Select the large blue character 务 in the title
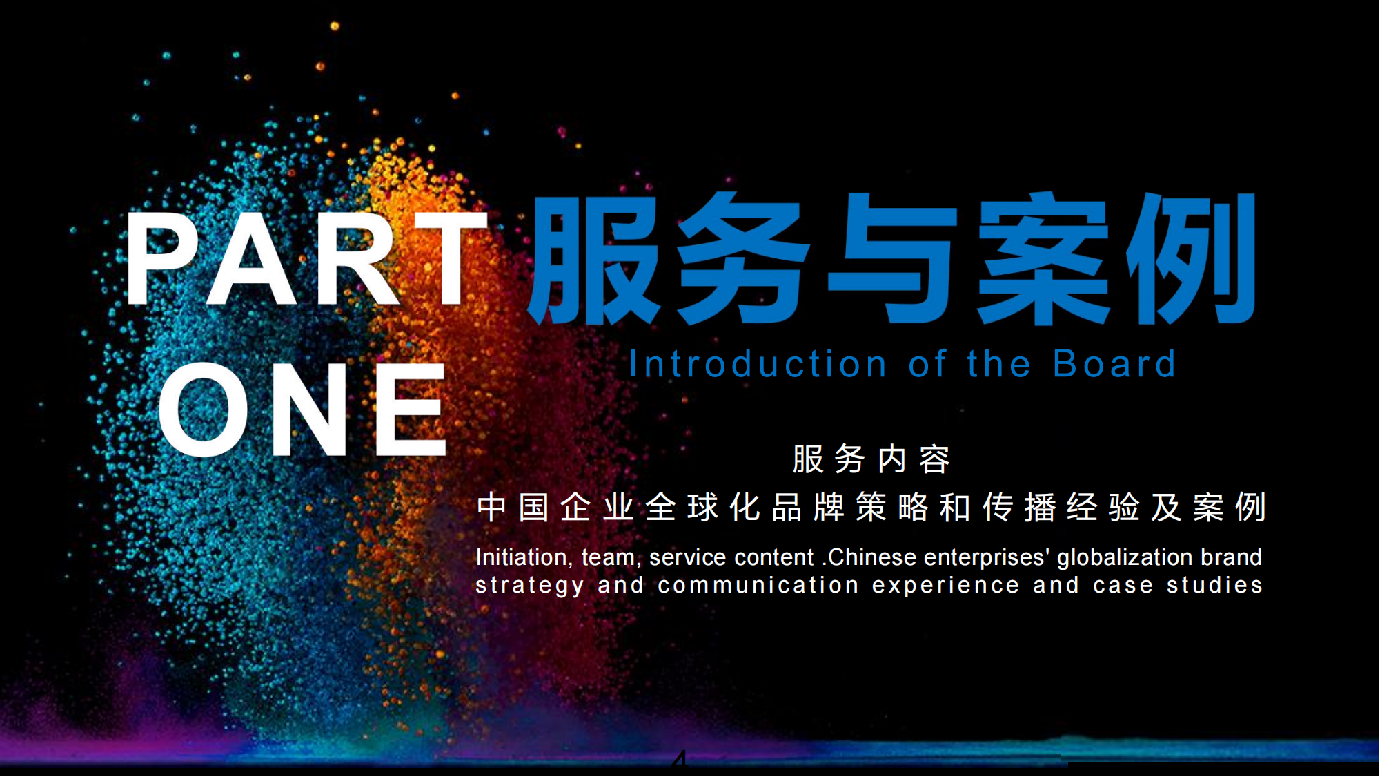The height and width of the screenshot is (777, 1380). (x=742, y=259)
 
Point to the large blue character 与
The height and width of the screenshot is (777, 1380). (x=893, y=259)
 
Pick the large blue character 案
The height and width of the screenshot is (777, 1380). (x=1042, y=259)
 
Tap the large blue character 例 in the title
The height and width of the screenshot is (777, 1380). (x=1190, y=259)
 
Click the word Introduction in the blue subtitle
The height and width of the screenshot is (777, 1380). (x=758, y=364)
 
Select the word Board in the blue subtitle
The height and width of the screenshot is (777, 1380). (x=1114, y=364)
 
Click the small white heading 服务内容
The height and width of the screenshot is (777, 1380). (x=871, y=459)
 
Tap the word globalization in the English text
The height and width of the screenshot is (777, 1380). (x=1125, y=558)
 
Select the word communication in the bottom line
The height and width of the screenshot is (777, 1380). (x=758, y=585)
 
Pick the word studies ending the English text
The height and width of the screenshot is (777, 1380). (x=1214, y=585)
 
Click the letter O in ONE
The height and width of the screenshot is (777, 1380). (x=204, y=409)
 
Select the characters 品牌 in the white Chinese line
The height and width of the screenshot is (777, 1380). (x=808, y=508)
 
